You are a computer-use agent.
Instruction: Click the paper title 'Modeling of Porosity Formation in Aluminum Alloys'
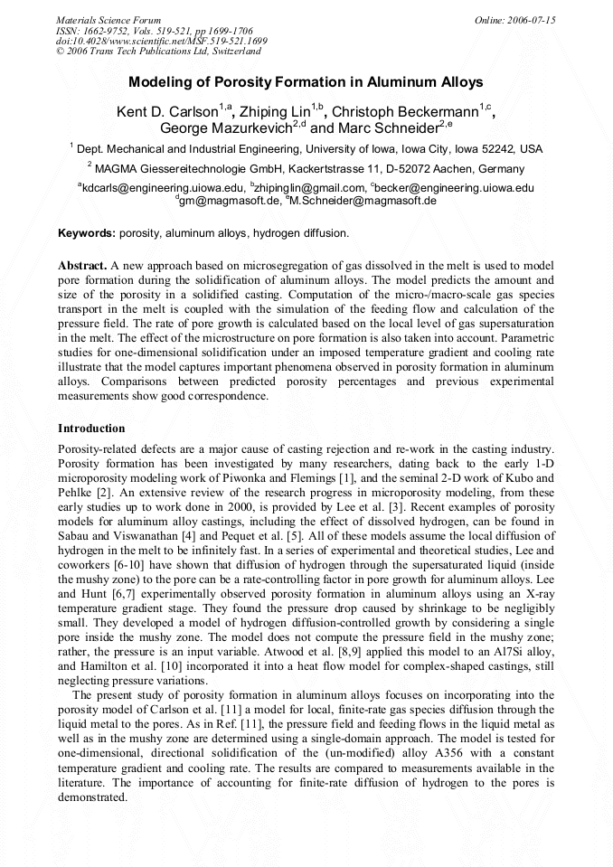[306, 82]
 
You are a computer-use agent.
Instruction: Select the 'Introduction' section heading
[91, 428]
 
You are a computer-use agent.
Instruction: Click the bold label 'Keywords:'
[87, 232]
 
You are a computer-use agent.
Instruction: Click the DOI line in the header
[161, 42]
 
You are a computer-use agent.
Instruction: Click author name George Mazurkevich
[226, 129]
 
